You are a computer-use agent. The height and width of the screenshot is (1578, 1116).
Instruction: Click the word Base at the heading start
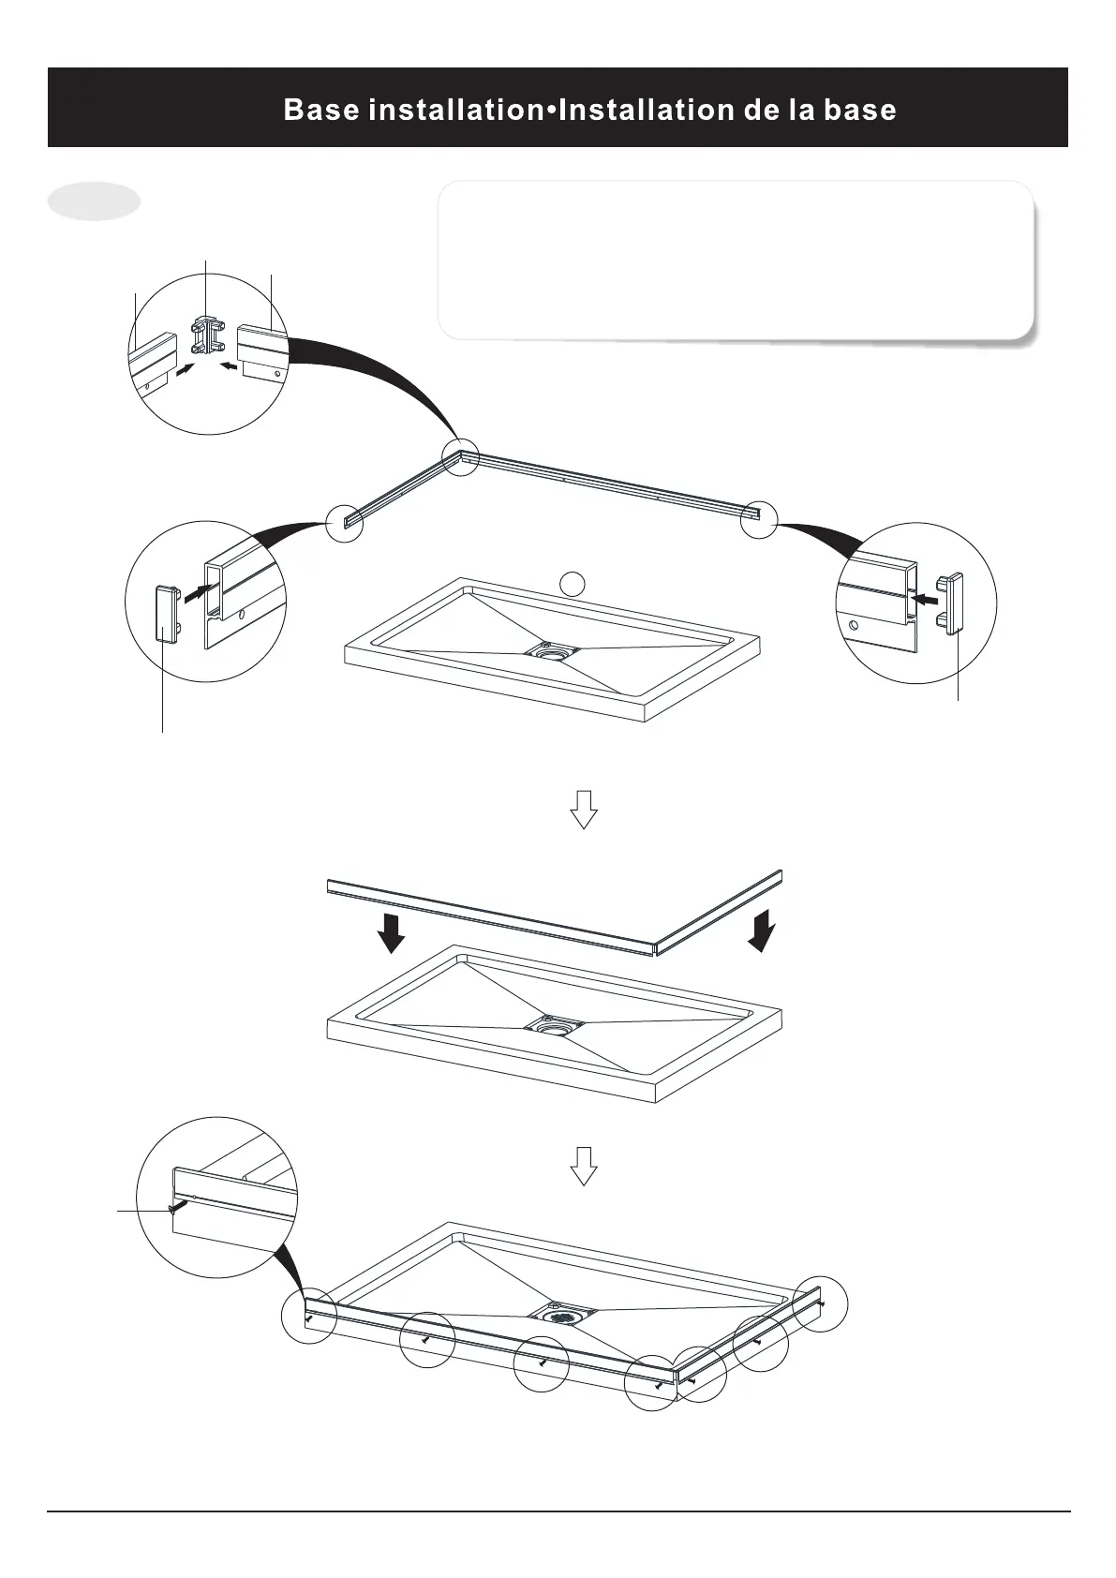coord(320,111)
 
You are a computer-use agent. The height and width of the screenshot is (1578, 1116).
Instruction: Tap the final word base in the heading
coord(859,111)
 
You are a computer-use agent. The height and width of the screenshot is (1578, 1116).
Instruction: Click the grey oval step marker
coord(94,201)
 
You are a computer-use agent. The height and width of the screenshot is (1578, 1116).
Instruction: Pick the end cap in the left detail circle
coord(168,610)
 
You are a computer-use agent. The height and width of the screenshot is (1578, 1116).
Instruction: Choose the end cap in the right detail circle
coord(954,603)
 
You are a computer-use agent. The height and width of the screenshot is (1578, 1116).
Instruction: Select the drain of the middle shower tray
coord(555,1024)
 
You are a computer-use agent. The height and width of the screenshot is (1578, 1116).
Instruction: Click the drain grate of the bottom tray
coord(564,1316)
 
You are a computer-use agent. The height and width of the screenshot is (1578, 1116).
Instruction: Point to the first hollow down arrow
coord(584,809)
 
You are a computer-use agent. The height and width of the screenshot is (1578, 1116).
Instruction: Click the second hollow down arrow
coord(584,1166)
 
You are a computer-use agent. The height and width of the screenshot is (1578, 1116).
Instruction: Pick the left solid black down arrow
coord(391,930)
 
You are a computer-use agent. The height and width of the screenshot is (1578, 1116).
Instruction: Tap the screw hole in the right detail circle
coord(853,623)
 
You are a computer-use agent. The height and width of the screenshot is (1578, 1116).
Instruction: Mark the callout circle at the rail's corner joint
coord(460,455)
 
